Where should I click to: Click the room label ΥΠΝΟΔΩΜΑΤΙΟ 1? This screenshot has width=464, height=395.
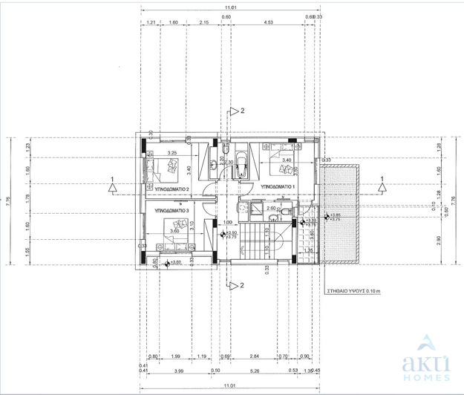[x=278, y=186]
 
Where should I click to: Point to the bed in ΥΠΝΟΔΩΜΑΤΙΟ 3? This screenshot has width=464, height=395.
[x=177, y=226]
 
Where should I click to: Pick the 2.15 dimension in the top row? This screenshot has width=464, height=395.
[x=203, y=24]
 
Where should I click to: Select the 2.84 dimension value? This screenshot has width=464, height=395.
[x=255, y=358]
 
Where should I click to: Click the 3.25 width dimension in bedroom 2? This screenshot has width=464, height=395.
[x=171, y=154]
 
